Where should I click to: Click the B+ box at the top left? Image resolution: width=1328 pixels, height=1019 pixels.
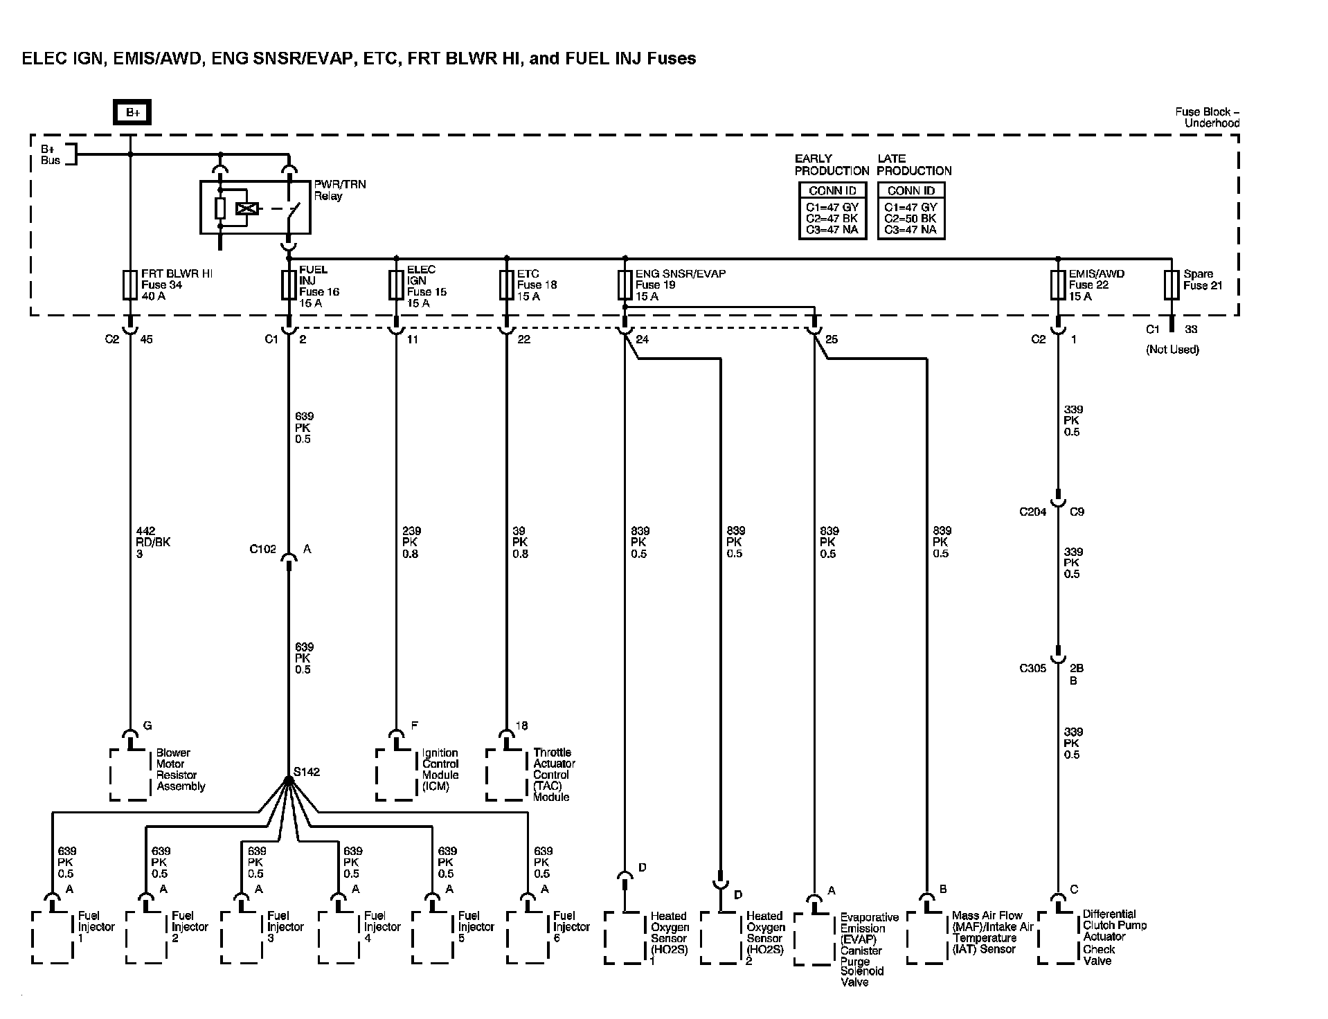(132, 112)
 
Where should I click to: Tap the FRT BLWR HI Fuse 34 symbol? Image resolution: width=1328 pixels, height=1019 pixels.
(129, 285)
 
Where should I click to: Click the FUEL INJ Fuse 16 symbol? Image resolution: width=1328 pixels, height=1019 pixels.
(289, 285)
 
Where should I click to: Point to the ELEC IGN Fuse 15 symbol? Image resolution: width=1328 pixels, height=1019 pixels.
(396, 285)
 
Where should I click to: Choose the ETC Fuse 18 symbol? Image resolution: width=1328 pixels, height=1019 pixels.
(506, 285)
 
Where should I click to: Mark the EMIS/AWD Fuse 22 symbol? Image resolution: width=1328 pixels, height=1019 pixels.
(1057, 285)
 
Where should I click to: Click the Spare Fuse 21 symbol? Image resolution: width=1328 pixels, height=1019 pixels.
(1171, 285)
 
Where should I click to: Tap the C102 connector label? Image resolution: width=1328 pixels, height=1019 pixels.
(262, 550)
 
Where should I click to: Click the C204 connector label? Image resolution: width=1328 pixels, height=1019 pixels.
(1032, 512)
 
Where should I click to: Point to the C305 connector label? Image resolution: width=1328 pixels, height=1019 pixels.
(1032, 669)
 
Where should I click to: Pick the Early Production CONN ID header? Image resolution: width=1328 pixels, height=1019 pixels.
(832, 190)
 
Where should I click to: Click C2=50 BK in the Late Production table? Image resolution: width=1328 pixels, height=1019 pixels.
(910, 219)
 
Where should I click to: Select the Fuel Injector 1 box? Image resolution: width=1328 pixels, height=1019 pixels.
(52, 937)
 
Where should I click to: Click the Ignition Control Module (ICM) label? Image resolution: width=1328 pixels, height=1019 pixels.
(440, 770)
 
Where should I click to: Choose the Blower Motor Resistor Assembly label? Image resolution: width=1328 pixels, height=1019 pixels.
(180, 770)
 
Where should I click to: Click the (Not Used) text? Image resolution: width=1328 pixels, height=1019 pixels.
(1172, 350)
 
